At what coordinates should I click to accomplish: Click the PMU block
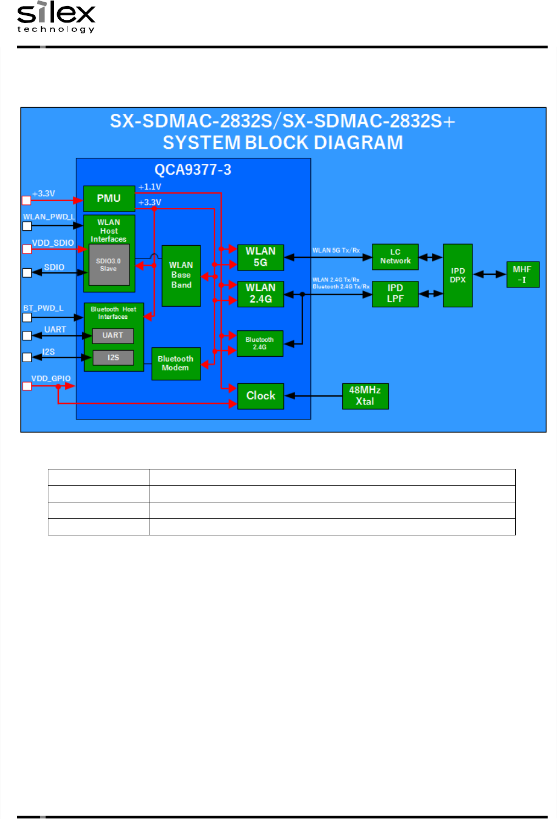point(109,198)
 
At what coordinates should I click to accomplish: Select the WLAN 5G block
point(260,257)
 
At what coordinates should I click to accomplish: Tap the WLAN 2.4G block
point(260,294)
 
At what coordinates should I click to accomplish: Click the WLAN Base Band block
point(181,275)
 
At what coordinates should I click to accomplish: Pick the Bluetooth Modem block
point(176,363)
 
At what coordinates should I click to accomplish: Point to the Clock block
point(260,396)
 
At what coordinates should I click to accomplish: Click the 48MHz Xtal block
point(365,396)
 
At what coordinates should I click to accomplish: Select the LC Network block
point(395,257)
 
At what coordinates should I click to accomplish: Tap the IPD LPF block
point(395,294)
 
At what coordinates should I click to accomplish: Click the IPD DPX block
point(458,275)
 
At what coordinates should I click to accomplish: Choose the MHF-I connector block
point(522,274)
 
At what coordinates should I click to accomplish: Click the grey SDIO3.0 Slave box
point(109,265)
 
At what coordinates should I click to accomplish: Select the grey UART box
point(113,335)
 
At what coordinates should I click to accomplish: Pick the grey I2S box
point(113,358)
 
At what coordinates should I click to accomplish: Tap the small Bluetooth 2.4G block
point(260,344)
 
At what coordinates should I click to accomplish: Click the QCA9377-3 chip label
point(193,169)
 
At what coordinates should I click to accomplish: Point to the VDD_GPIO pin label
point(51,378)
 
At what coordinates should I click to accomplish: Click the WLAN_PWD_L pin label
point(49,217)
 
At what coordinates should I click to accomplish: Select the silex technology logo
point(56,17)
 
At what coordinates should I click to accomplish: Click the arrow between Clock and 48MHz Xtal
point(313,396)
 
